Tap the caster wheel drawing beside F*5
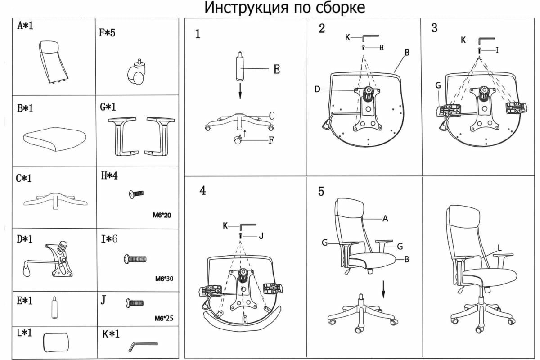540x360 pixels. click(x=137, y=74)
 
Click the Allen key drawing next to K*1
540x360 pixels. click(x=143, y=346)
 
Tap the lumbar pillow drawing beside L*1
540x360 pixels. click(x=56, y=342)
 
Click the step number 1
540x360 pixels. click(x=198, y=34)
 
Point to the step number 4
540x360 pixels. click(x=203, y=190)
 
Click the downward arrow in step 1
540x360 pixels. click(x=240, y=90)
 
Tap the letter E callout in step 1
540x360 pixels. click(x=276, y=69)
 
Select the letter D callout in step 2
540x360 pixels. click(x=317, y=90)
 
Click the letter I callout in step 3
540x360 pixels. click(x=497, y=50)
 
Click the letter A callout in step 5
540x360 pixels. click(x=385, y=219)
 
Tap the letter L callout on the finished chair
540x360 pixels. click(x=499, y=247)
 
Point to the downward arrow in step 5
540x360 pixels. click(x=383, y=288)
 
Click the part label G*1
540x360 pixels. click(x=108, y=108)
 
